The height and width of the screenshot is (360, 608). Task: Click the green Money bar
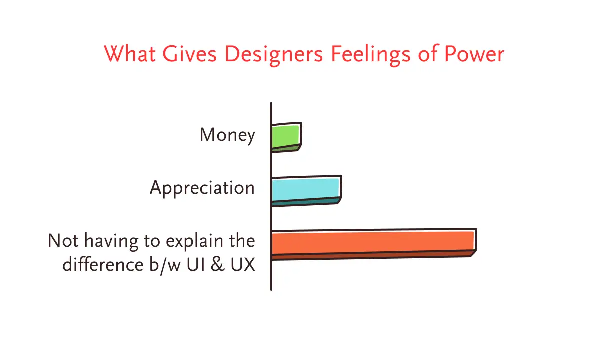286,137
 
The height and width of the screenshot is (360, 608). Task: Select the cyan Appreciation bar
306,191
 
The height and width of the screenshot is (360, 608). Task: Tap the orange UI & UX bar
374,244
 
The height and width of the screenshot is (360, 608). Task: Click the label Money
227,135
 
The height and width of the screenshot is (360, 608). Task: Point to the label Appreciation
202,188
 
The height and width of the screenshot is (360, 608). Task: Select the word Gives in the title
189,54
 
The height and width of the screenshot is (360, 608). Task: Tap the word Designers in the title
274,55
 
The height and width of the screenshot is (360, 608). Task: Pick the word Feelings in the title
371,55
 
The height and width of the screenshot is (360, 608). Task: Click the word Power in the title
474,54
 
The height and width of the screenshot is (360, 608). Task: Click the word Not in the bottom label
63,240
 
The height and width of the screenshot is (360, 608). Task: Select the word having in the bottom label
111,242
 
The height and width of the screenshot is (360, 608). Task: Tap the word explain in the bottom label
195,242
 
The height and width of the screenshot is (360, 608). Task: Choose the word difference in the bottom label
103,264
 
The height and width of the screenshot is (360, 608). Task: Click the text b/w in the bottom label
165,266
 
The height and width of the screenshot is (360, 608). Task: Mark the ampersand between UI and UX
218,264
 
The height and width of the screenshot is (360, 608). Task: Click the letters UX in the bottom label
243,264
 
